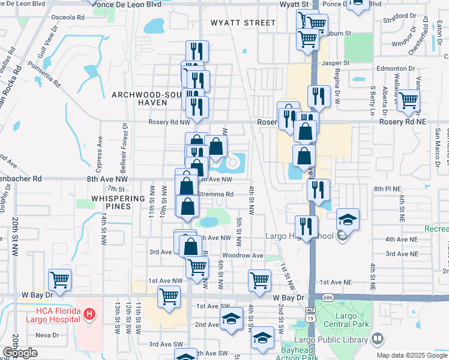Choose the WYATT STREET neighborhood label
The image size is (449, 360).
pyautogui.click(x=243, y=23)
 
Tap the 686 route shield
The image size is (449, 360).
pyautogui.click(x=327, y=297)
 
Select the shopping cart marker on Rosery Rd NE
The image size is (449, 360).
pyautogui.click(x=408, y=101)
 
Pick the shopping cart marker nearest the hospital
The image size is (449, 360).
pyautogui.click(x=59, y=280)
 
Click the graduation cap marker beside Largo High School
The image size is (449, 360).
pyautogui.click(x=348, y=220)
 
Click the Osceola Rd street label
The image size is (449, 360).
pyautogui.click(x=67, y=17)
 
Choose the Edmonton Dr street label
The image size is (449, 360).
pyautogui.click(x=396, y=68)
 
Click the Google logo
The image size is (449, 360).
pyautogui.click(x=20, y=353)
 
